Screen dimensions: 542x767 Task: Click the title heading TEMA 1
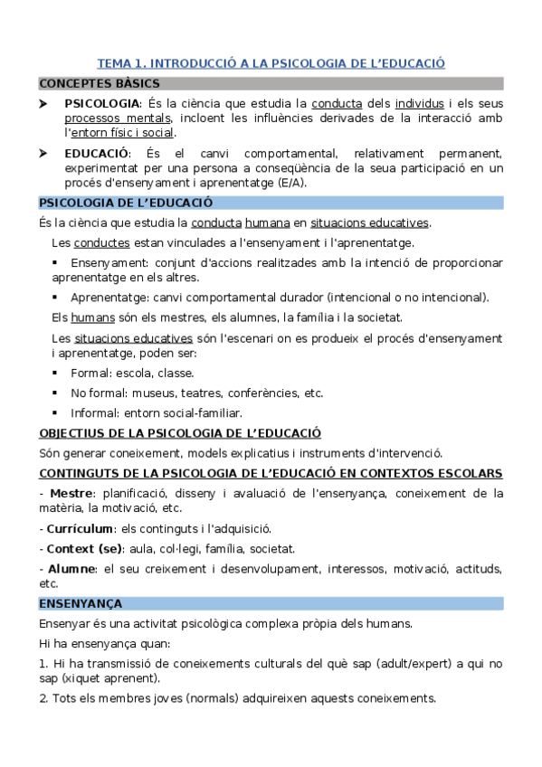(271, 63)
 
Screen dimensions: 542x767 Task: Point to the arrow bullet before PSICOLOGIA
(44, 103)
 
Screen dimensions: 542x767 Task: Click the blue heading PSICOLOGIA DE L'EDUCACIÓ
(126, 203)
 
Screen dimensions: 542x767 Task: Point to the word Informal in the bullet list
(95, 412)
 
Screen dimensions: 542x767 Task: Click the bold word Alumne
(73, 568)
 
